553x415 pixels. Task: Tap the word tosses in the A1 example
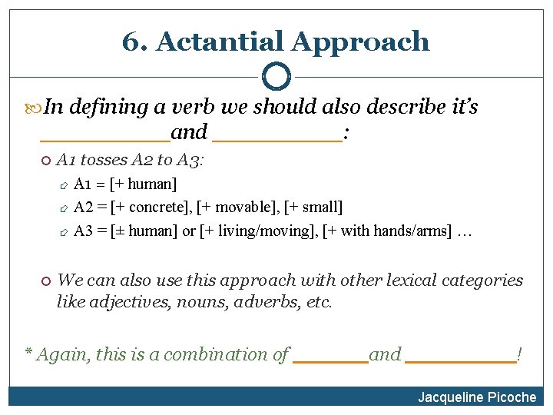[x=104, y=160]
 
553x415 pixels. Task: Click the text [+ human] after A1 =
[x=144, y=184]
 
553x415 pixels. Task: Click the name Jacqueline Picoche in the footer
[x=477, y=397]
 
